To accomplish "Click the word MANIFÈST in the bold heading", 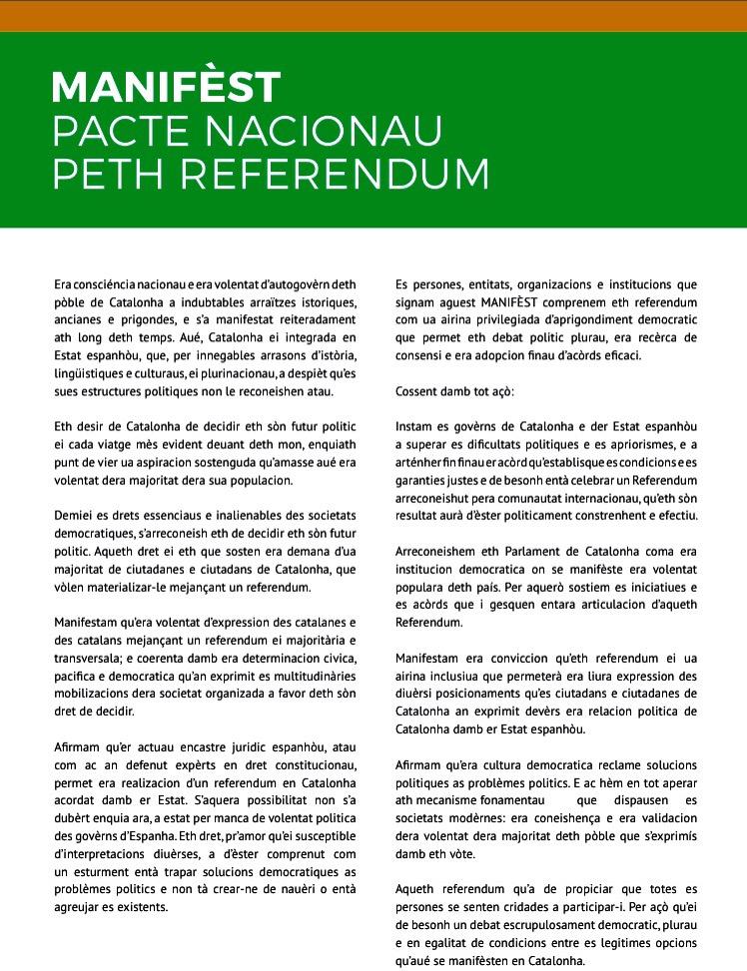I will point(166,87).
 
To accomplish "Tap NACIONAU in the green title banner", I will point(319,132).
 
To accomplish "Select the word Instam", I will point(415,425).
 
